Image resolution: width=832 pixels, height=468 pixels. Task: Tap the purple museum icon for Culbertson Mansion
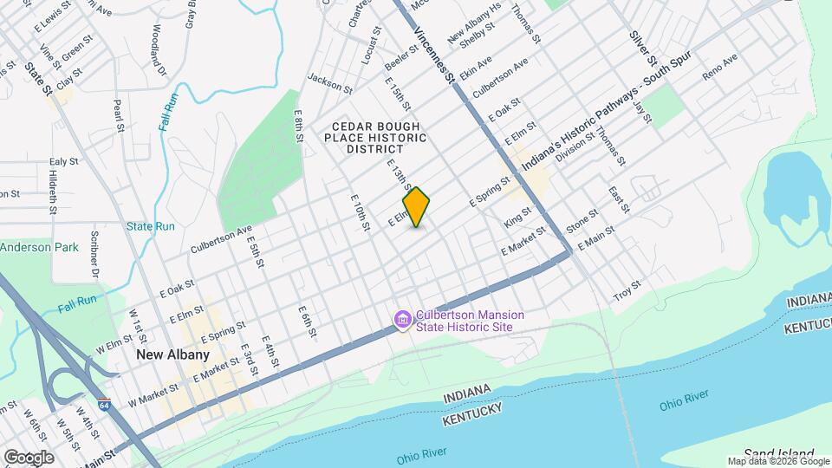tap(402, 321)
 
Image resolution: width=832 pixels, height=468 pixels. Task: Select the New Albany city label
tap(172, 355)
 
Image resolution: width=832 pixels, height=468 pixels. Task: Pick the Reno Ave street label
tap(719, 68)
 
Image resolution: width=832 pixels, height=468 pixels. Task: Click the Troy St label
tap(627, 289)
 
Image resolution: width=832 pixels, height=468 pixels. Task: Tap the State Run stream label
tap(151, 227)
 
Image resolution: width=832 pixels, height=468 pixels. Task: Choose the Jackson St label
tap(329, 88)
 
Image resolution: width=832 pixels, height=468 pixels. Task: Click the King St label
tap(517, 218)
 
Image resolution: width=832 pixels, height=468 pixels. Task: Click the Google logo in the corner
tap(29, 457)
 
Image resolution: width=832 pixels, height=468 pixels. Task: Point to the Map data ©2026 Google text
tap(778, 461)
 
